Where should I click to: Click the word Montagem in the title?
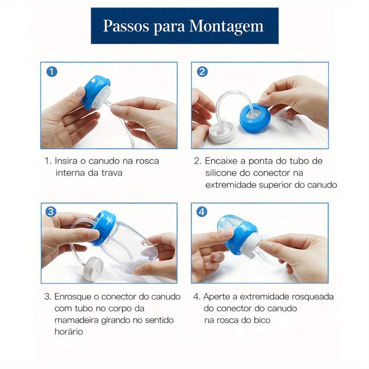tap(226, 26)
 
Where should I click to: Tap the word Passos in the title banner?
tap(126, 26)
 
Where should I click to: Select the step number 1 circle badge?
tap(52, 71)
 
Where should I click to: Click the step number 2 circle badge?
tap(202, 71)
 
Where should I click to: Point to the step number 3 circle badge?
tap(51, 211)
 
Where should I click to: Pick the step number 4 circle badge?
tap(202, 211)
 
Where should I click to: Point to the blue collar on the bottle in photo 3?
tap(104, 227)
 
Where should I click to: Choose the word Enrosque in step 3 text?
tap(73, 297)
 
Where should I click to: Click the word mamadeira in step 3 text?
tap(76, 320)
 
